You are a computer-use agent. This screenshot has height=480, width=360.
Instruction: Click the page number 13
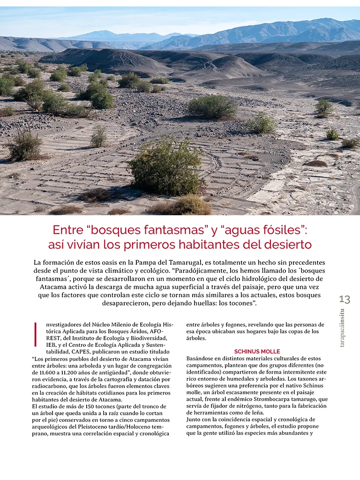(x=344, y=300)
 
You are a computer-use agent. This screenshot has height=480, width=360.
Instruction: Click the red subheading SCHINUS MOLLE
(x=257, y=351)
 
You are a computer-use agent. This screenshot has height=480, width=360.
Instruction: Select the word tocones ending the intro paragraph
(x=239, y=303)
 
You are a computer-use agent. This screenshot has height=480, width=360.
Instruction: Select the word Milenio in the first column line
(x=109, y=324)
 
